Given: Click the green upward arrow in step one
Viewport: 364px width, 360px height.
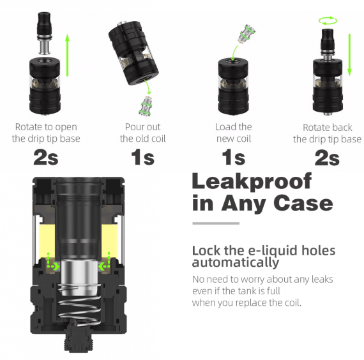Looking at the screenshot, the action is click(x=67, y=55).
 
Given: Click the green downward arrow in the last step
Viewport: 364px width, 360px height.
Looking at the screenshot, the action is click(x=349, y=55).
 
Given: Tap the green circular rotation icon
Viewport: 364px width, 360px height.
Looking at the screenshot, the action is click(x=328, y=20).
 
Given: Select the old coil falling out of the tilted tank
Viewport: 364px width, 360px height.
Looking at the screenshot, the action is click(x=146, y=105).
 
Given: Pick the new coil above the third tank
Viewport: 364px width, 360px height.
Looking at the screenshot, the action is click(x=246, y=33).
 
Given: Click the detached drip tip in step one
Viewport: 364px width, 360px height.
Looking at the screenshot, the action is click(x=44, y=33).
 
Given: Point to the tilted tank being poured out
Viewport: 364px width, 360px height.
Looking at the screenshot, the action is click(x=133, y=53).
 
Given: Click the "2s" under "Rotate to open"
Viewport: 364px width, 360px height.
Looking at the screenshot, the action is click(x=46, y=158).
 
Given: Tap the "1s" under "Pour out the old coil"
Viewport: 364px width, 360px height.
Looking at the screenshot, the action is click(x=142, y=158).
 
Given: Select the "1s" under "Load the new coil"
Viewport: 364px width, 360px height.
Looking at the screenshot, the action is click(x=234, y=158).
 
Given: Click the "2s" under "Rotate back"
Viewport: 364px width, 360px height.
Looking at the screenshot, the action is click(x=327, y=158).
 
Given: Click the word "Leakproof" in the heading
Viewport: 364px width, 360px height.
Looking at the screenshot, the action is click(x=252, y=182).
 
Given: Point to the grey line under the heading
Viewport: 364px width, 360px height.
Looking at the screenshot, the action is click(x=216, y=223).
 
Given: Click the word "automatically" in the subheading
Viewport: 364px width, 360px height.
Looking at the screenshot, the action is click(x=236, y=262).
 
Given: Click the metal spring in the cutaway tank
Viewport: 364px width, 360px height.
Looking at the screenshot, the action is click(x=79, y=305).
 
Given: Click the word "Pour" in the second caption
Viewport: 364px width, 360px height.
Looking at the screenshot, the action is click(x=132, y=127).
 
